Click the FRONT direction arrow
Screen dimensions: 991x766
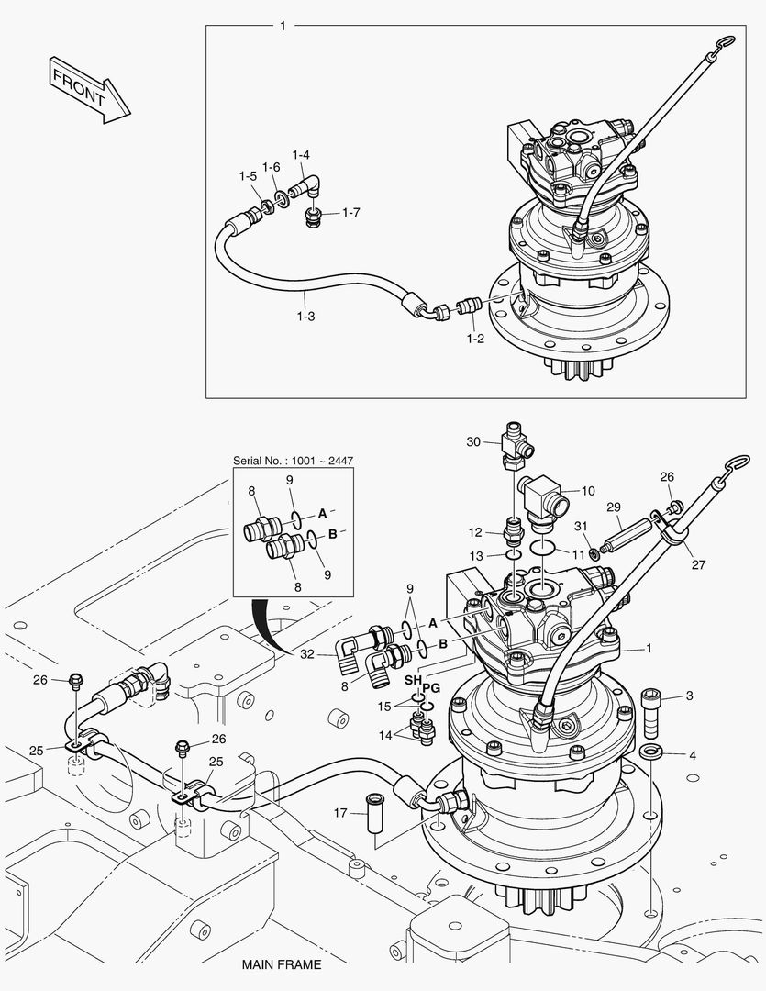pyautogui.click(x=89, y=89)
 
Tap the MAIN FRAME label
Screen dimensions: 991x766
pyautogui.click(x=282, y=964)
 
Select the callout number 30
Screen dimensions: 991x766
pyautogui.click(x=473, y=441)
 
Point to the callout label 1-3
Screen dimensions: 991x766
pyautogui.click(x=305, y=316)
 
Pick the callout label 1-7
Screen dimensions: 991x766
pyautogui.click(x=350, y=213)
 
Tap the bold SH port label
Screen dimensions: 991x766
pyautogui.click(x=413, y=679)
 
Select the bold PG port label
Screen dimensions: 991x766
pyautogui.click(x=431, y=686)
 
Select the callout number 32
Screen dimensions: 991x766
pyautogui.click(x=307, y=653)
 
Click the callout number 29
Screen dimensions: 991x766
pyautogui.click(x=614, y=507)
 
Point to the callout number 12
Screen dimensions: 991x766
pyautogui.click(x=475, y=532)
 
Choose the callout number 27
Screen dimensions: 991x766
pyautogui.click(x=698, y=565)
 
